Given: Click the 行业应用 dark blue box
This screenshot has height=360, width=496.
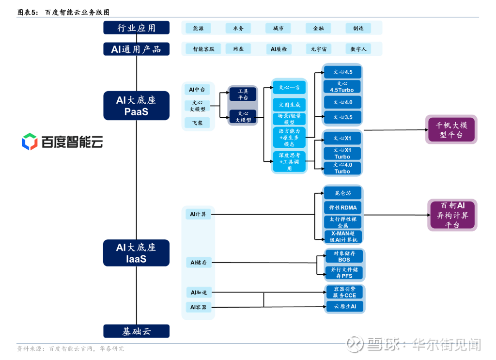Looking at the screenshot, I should tap(136, 28).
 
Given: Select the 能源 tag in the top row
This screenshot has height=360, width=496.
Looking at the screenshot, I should tap(198, 28).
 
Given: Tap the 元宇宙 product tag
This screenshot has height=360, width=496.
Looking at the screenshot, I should tap(318, 49).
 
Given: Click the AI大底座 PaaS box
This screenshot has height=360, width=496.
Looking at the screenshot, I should tap(136, 106).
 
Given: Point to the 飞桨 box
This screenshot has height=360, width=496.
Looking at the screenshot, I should tap(197, 123).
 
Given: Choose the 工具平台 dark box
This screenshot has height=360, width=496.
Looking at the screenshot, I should tap(243, 94).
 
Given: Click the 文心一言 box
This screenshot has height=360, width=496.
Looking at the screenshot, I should tap(289, 88).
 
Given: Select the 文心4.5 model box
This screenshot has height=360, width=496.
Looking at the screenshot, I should tap(342, 72).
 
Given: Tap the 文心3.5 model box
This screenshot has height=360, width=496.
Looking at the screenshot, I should tap(342, 117).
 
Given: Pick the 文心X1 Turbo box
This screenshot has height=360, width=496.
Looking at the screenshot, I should tap(342, 153).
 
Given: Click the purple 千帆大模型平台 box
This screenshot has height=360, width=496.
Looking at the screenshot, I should tap(451, 129).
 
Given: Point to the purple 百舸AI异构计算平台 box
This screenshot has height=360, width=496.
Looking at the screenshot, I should tap(452, 215).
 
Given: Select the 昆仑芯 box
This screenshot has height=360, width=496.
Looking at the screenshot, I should tap(342, 193).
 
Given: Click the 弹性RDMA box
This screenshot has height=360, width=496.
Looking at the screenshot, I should tap(342, 207).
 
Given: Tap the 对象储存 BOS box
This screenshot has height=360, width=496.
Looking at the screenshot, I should tap(344, 256).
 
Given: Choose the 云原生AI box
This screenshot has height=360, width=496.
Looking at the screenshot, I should tap(344, 306).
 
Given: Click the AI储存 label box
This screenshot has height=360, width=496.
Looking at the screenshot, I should tap(198, 263).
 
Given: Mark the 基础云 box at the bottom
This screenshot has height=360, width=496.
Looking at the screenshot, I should tap(136, 331).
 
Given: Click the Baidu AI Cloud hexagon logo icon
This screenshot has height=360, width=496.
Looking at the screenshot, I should tap(30, 141).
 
